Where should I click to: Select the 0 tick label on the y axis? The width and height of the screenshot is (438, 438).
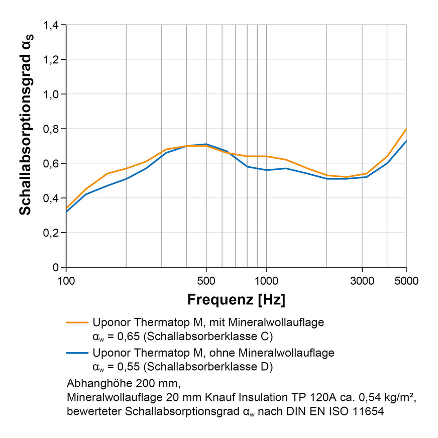coord(57,267)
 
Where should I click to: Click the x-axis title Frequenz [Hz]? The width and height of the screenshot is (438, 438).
coord(236,300)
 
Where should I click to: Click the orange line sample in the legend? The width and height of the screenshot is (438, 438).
coord(76,322)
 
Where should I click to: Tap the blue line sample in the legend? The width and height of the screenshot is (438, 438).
coord(76,353)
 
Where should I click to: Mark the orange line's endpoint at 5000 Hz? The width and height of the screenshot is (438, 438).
coord(406,129)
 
